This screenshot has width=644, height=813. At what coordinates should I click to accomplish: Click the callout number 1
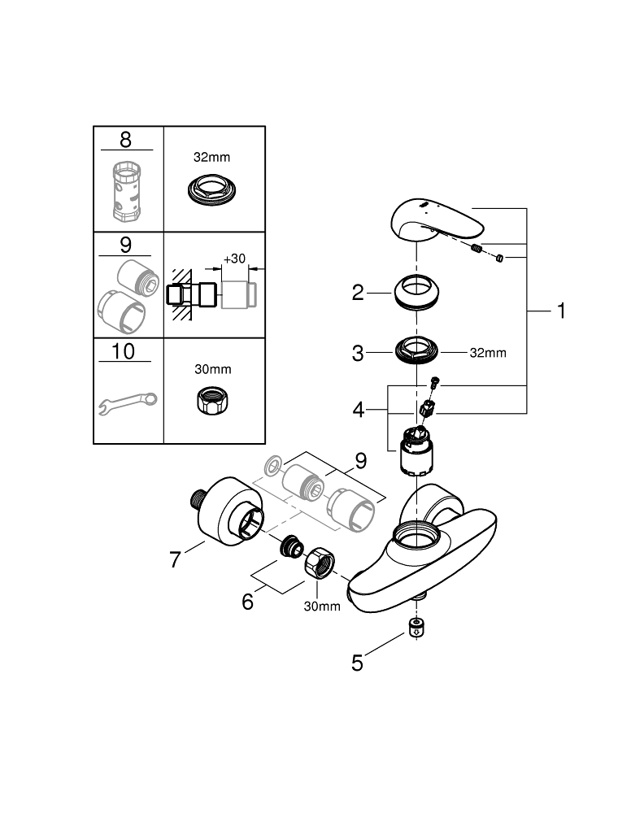pos(560,311)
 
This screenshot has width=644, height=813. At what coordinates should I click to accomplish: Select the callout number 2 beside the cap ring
pos(358,293)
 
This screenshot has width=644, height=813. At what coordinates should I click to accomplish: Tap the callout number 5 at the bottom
pos(357,663)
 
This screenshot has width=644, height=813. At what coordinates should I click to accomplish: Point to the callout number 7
pos(175,559)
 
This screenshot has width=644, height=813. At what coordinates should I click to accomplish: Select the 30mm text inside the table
pos(213,369)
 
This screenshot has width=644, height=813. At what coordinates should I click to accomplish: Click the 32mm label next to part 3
pos(488,353)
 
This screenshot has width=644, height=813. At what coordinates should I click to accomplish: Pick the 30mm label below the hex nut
pos(322,606)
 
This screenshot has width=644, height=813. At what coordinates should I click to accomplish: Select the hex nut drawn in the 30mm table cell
pos(214,399)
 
